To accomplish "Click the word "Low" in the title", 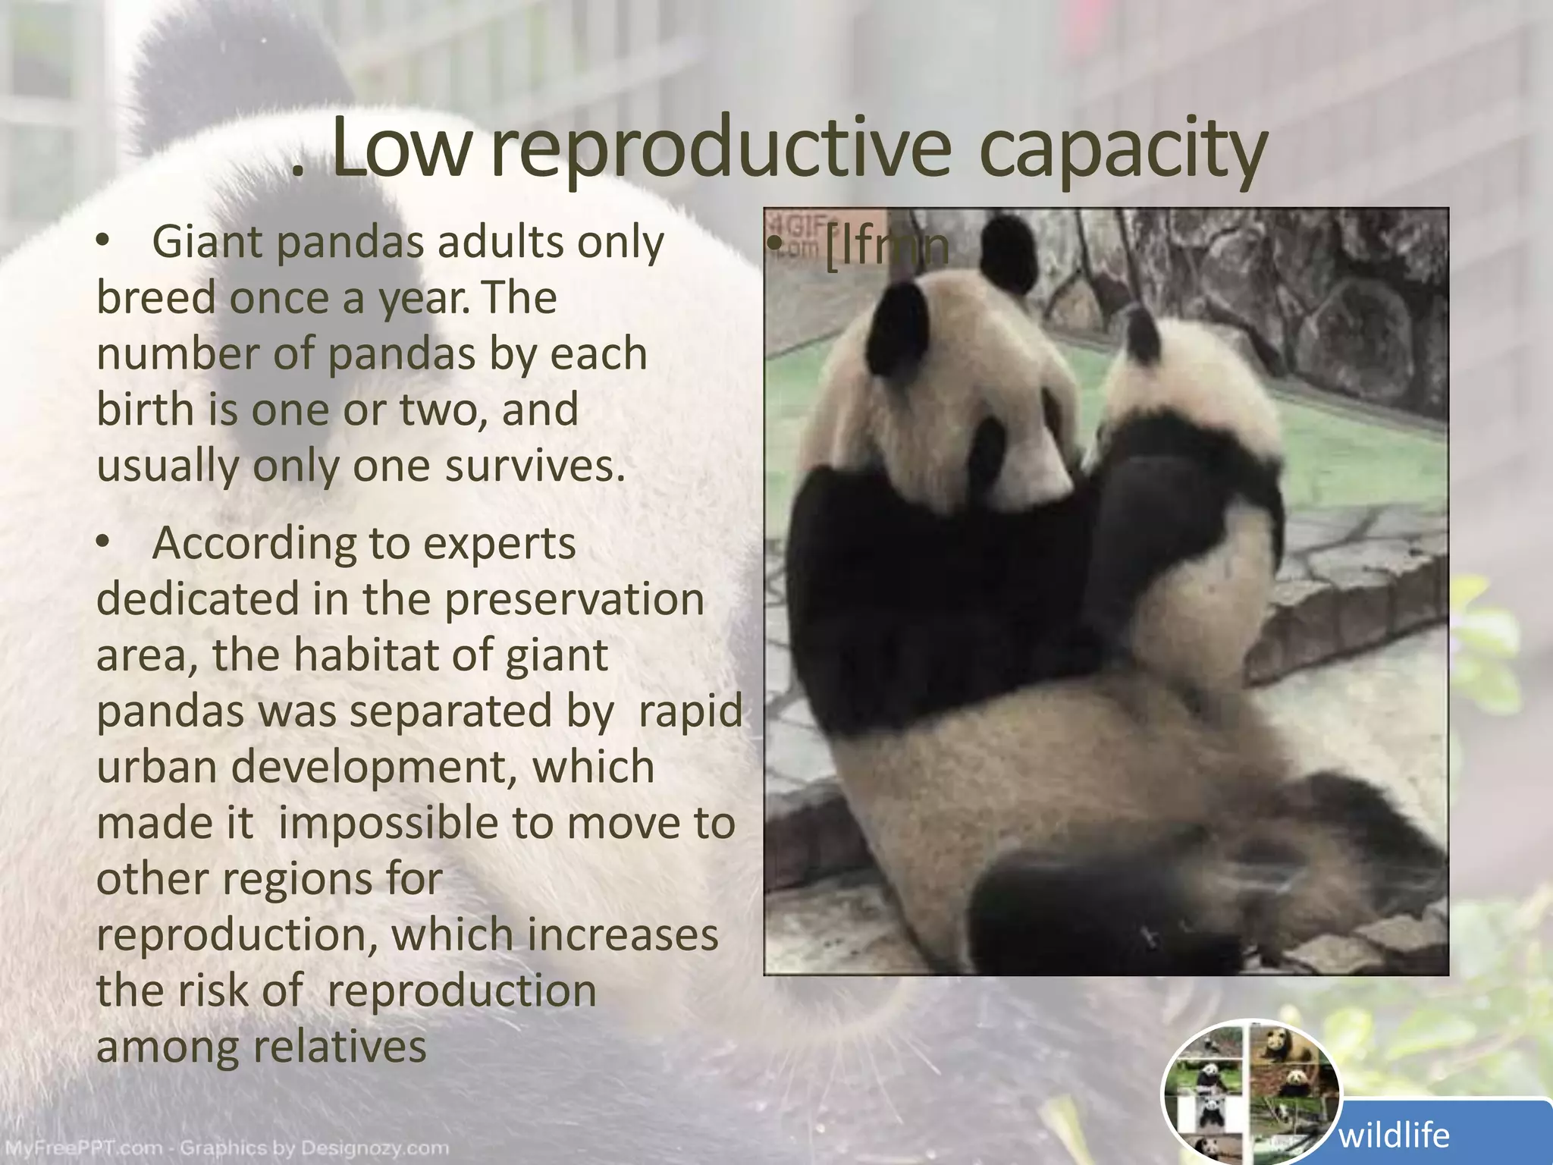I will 400,149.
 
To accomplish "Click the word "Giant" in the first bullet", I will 206,243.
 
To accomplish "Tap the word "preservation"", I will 574,599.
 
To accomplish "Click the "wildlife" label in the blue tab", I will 1394,1135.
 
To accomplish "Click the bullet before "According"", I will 105,544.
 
